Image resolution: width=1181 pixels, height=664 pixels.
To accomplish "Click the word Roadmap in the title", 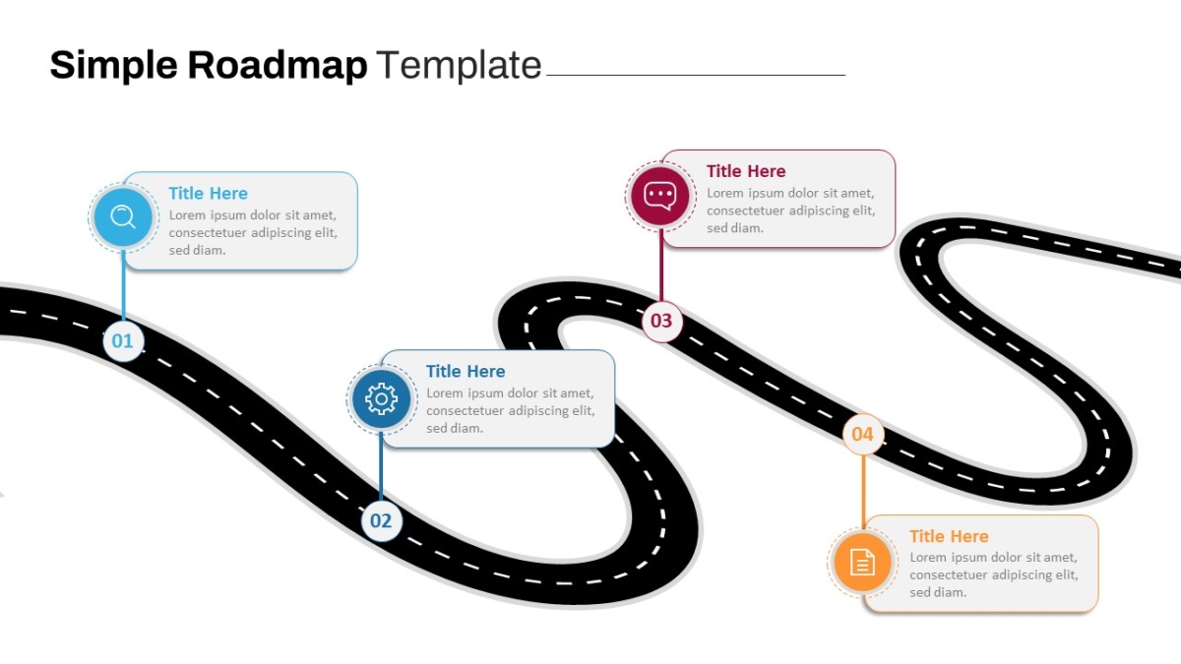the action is [278, 65].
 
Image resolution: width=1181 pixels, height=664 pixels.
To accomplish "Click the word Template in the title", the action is [460, 65].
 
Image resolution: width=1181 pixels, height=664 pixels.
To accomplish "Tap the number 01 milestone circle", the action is [123, 341].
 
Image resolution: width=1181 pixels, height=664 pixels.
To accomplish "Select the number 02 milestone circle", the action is [381, 521].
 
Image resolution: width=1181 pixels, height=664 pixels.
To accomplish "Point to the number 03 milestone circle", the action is [661, 321].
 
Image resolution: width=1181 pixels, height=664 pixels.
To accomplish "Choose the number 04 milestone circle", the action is [863, 434].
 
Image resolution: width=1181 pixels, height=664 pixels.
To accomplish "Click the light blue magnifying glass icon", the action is [123, 216].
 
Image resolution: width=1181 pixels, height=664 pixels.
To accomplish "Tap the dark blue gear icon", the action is [381, 398].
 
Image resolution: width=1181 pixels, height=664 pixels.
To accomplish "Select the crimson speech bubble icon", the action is [660, 196].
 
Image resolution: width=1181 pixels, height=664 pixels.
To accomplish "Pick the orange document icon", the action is [862, 562].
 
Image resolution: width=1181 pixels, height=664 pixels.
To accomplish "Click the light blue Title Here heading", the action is [209, 194].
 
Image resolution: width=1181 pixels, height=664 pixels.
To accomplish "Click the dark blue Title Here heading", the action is [466, 372].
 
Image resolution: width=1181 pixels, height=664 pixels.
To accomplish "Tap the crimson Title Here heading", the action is [746, 171].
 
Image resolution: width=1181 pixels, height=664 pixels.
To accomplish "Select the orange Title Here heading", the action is [949, 536].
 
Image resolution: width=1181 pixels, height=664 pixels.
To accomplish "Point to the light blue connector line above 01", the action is [123, 285].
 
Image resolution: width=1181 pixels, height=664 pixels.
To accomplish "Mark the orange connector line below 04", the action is [863, 492].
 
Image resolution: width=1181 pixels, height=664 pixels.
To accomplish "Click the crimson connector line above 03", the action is [661, 265].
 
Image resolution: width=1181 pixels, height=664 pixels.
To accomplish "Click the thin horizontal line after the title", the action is [696, 75].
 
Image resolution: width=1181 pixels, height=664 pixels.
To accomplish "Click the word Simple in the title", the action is [114, 65].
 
